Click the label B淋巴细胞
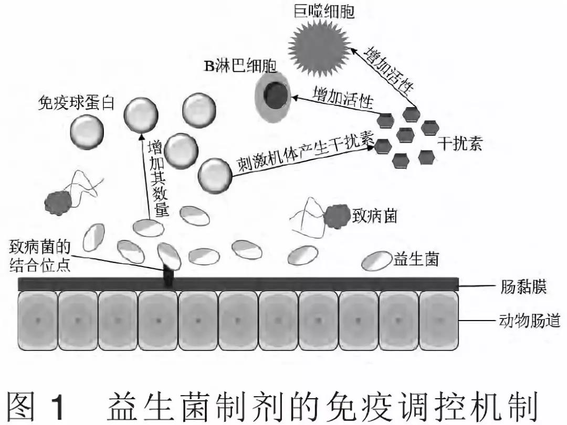(x=239, y=67)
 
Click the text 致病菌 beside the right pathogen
(x=374, y=215)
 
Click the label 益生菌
(x=415, y=259)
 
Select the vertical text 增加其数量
(x=155, y=178)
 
